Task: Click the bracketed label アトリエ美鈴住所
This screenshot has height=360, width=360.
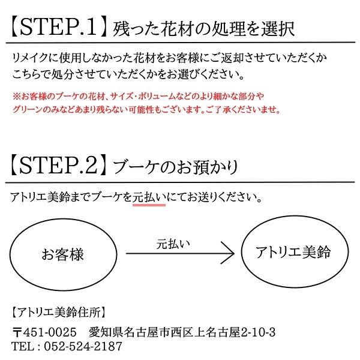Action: tap(59, 312)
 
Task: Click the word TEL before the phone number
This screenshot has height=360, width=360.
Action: tap(22, 346)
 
